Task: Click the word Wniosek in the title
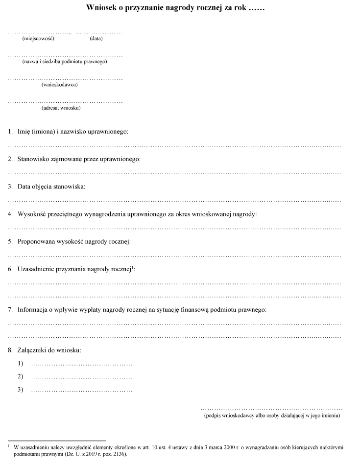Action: pos(103,8)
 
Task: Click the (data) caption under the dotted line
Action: pos(96,39)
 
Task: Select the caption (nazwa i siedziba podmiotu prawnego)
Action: pos(64,62)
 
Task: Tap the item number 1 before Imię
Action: pos(10,132)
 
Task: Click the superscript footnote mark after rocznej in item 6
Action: pos(133,267)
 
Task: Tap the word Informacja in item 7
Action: pos(34,310)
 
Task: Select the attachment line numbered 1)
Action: pos(81,364)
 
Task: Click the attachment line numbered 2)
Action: pos(81,377)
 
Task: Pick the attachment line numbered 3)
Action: pos(81,390)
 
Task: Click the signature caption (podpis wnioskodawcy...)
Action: pos(272,416)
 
